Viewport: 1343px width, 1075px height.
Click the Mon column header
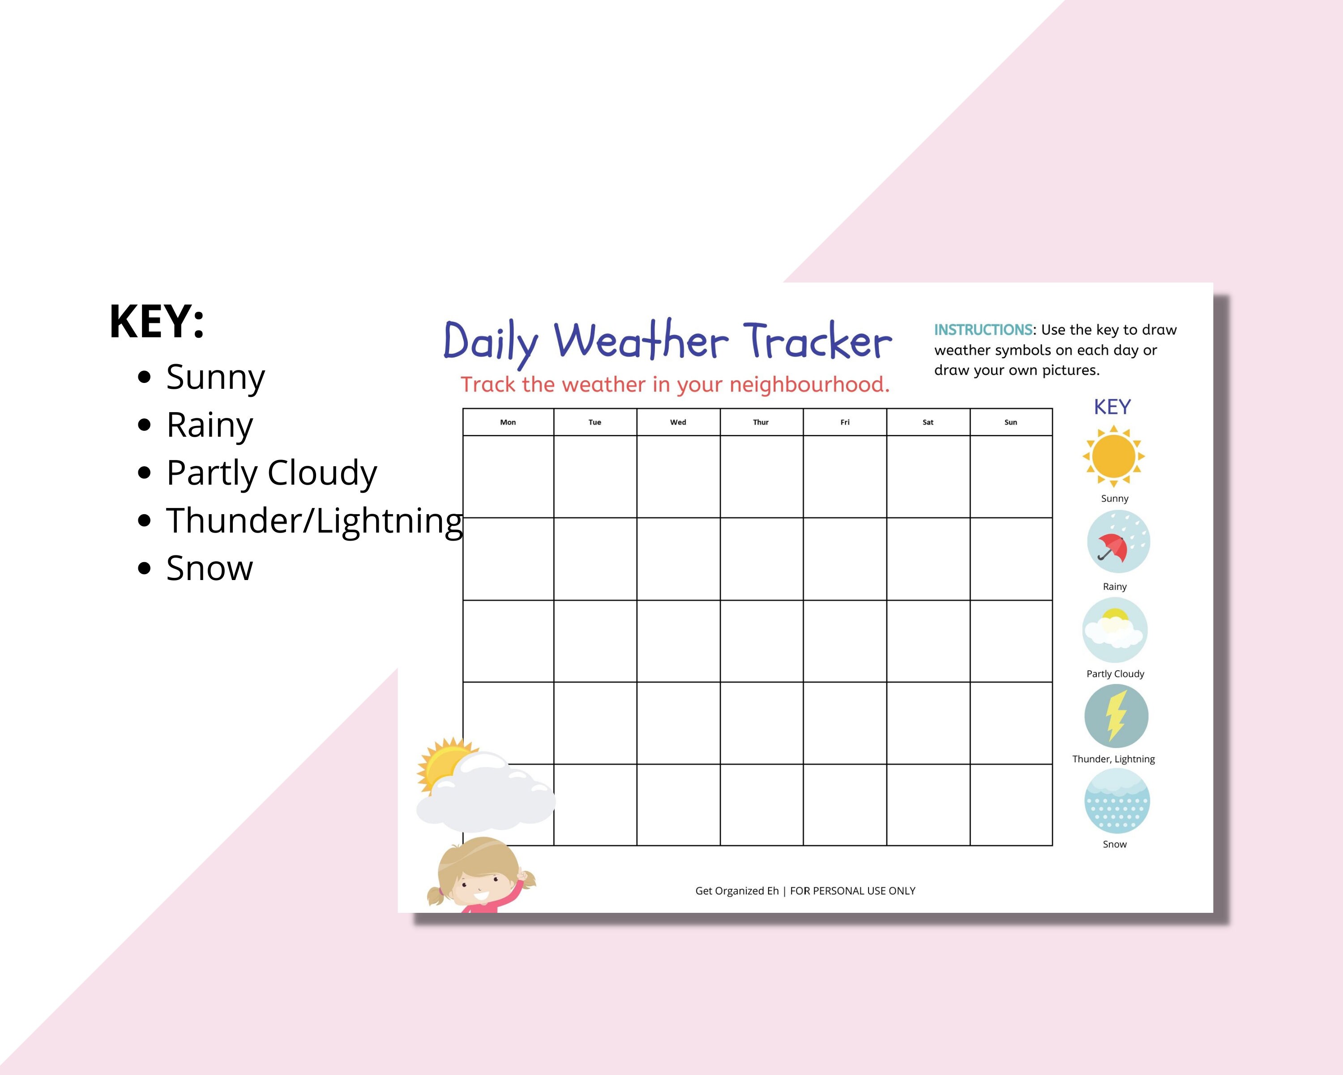pyautogui.click(x=508, y=422)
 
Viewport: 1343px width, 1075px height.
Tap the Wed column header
pyautogui.click(x=678, y=422)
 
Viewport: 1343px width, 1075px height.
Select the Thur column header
pyautogui.click(x=761, y=422)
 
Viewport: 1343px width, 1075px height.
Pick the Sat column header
pyautogui.click(x=928, y=422)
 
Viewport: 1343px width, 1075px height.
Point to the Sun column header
pyautogui.click(x=1010, y=422)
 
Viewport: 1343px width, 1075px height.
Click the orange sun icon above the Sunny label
pyautogui.click(x=1114, y=456)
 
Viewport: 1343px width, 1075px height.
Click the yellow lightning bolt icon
pyautogui.click(x=1116, y=716)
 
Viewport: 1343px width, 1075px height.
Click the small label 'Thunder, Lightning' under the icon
pyautogui.click(x=1113, y=759)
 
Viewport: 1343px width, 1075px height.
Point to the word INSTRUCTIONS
pyautogui.click(x=983, y=330)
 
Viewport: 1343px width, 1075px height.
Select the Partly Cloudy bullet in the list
pyautogui.click(x=271, y=473)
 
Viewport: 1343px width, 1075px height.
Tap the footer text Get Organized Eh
pyautogui.click(x=736, y=890)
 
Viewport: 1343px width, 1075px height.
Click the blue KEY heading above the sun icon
pyautogui.click(x=1112, y=407)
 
